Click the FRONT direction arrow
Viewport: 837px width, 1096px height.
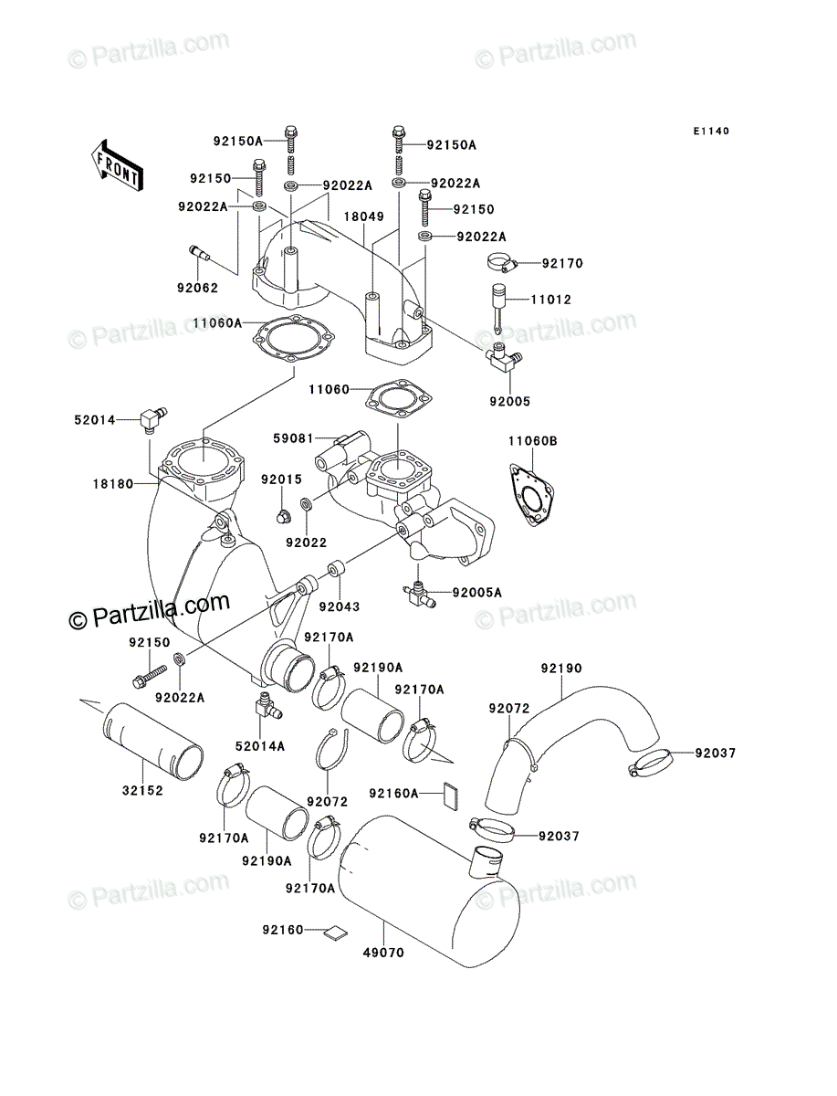117,166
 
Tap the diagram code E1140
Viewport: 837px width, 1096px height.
710,132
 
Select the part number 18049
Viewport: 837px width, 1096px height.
363,216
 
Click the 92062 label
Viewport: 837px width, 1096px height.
197,288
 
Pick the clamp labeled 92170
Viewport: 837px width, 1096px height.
501,264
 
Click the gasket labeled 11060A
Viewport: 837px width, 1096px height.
293,340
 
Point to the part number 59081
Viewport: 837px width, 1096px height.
293,438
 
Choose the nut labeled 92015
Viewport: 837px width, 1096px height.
282,517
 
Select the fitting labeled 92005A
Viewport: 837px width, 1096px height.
418,594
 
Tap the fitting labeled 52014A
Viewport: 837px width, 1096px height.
267,705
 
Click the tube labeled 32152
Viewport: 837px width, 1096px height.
153,742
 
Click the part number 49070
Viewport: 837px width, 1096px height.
383,953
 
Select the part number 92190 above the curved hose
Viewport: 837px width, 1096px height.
561,668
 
